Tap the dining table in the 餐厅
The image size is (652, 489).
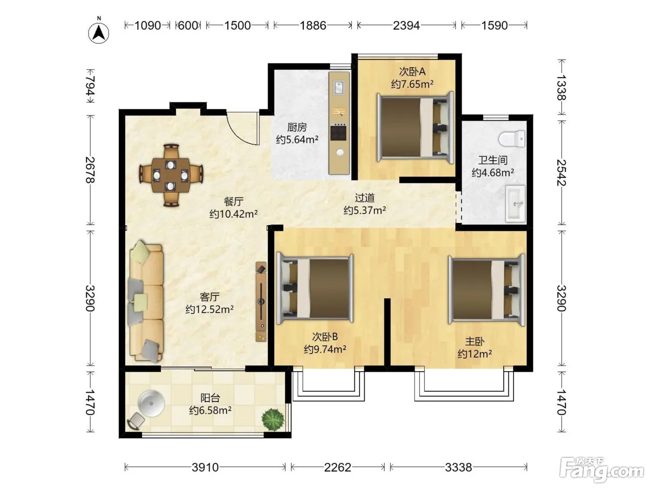171,175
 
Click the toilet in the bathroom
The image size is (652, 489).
511,139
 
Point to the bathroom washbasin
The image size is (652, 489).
516,204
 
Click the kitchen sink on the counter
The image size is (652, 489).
339,88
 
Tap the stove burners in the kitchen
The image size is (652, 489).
338,132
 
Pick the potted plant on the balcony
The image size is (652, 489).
273,419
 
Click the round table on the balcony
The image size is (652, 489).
151,404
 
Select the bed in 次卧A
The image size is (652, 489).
415,127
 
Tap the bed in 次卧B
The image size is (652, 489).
315,288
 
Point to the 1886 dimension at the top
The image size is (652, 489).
313,26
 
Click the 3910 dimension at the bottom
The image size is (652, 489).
205,467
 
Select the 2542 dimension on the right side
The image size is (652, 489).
561,173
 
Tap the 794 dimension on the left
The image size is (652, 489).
90,86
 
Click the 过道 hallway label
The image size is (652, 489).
365,197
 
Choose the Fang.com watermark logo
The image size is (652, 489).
603,470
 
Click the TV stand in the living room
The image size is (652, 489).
261,301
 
